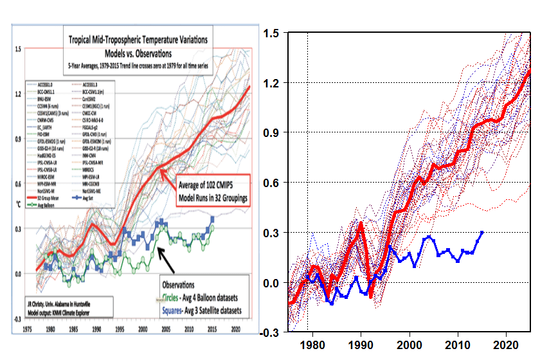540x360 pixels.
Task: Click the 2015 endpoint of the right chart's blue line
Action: click(482, 232)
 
